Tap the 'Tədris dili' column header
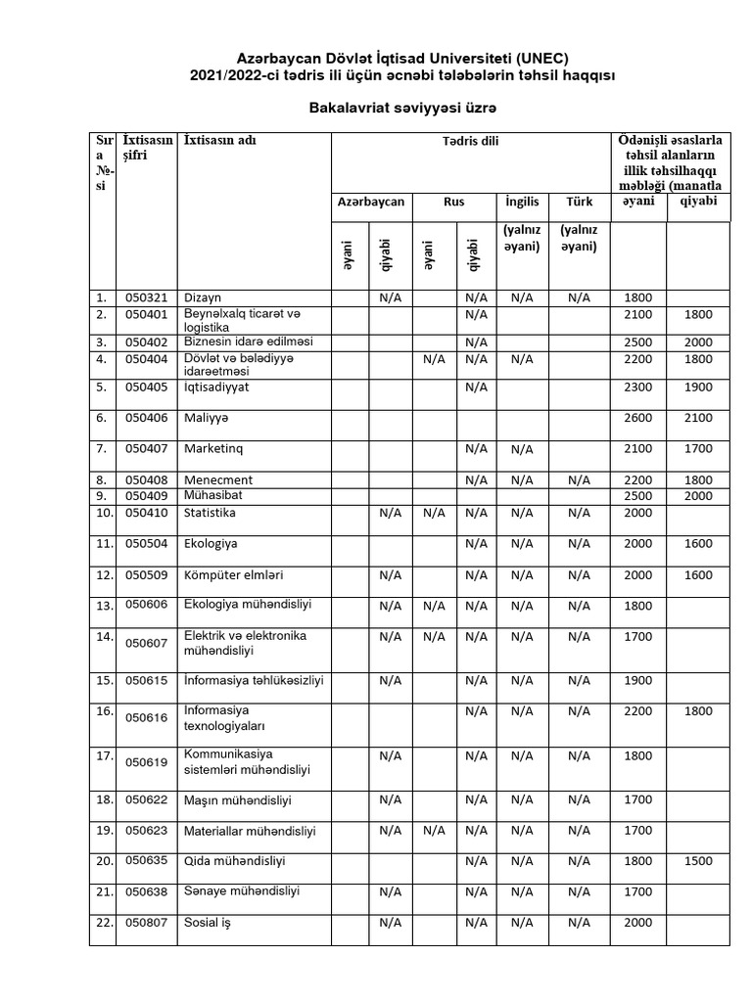tap(470, 142)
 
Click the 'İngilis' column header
tap(522, 203)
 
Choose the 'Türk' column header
tap(579, 203)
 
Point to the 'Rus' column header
tap(453, 203)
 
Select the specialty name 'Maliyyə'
tap(206, 418)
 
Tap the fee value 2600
tap(637, 418)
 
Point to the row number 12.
tap(101, 575)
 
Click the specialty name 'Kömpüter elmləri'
tap(229, 575)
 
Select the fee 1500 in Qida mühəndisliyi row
tap(698, 861)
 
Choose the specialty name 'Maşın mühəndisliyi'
tap(238, 799)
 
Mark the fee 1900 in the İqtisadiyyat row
tap(698, 387)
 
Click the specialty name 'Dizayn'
tap(203, 297)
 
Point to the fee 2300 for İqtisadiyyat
tap(637, 387)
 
